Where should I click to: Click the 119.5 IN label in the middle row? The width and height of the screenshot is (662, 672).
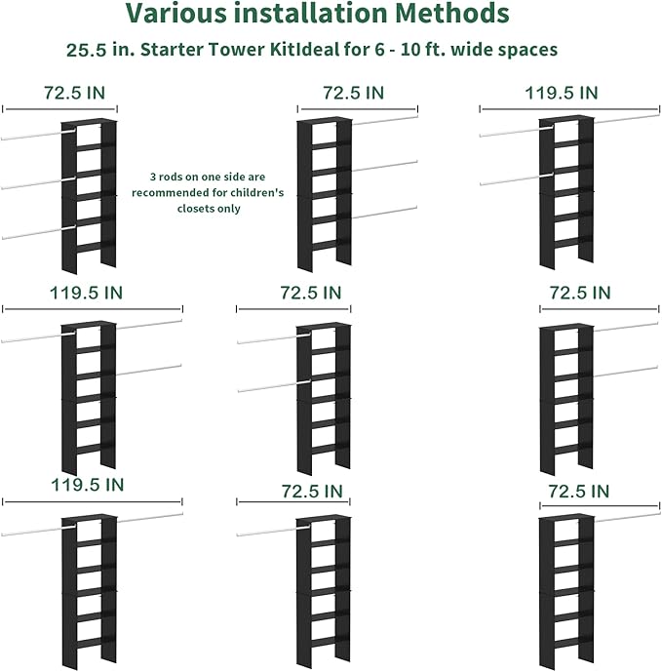tap(87, 292)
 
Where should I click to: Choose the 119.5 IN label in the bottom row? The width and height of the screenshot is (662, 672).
tap(87, 484)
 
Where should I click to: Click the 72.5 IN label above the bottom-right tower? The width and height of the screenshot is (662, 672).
tap(580, 489)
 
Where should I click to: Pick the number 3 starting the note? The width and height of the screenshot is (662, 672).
tap(152, 178)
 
